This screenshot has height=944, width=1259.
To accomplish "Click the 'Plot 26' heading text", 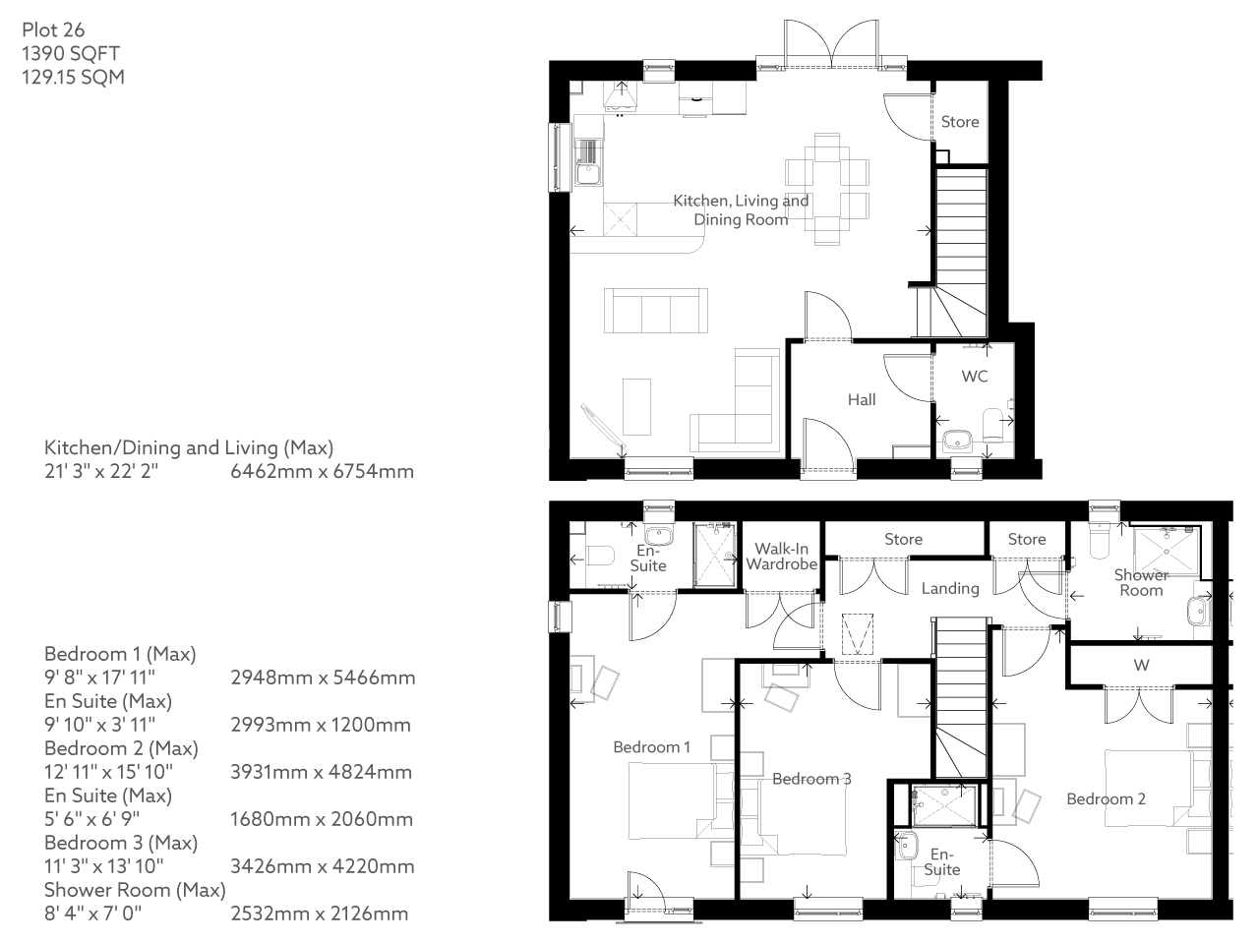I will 53,29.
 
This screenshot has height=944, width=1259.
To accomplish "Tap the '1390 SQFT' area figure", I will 71,53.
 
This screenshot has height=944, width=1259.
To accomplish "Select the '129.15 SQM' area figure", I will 73,77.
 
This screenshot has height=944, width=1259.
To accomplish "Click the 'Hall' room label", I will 862,399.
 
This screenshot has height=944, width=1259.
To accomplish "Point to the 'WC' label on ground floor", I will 975,377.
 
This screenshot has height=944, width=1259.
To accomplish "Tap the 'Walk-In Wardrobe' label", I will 782,557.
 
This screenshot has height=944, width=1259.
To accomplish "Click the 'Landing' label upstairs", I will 950,588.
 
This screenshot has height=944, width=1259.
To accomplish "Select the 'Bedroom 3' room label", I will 811,779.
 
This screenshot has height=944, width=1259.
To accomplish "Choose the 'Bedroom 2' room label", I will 1106,798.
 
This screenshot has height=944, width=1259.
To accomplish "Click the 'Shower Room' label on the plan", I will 1141,582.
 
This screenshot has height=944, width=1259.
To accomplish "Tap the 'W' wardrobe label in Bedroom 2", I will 1141,665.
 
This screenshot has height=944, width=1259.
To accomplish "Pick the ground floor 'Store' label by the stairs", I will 960,122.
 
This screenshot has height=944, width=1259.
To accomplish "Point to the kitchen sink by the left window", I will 587,174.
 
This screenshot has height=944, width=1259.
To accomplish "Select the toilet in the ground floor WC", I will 994,420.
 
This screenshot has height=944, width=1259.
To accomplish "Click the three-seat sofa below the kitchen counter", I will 655,311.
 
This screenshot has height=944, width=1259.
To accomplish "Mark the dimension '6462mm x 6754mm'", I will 322,471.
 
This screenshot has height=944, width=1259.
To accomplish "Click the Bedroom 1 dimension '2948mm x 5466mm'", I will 323,678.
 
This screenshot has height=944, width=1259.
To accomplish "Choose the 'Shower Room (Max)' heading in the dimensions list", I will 135,890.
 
